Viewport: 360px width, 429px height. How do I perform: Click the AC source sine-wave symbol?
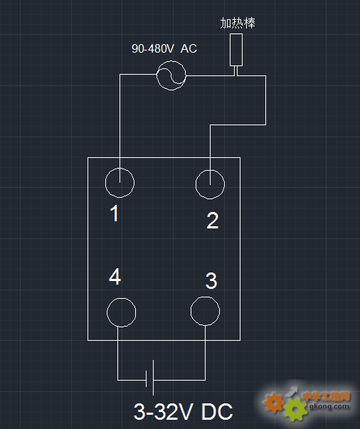[171, 75]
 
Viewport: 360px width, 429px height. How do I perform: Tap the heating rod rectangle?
[236, 50]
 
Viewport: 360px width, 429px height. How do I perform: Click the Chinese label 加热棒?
[238, 23]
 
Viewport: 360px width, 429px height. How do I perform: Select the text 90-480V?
[153, 48]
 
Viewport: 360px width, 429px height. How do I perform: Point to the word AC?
[189, 48]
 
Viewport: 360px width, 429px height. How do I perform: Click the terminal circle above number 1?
[120, 169]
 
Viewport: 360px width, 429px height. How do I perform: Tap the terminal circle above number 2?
[210, 170]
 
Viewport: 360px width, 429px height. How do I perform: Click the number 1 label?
[115, 213]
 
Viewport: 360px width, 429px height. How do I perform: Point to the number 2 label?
[213, 221]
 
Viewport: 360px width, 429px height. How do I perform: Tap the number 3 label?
[211, 281]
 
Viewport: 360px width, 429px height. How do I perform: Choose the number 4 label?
[115, 276]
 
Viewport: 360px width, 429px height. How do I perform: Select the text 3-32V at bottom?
[164, 411]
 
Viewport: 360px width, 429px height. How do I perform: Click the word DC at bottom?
[217, 411]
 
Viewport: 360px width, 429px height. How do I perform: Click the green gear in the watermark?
[295, 410]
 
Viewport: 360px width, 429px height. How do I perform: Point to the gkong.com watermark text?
[329, 406]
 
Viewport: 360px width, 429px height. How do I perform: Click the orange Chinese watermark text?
[326, 396]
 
